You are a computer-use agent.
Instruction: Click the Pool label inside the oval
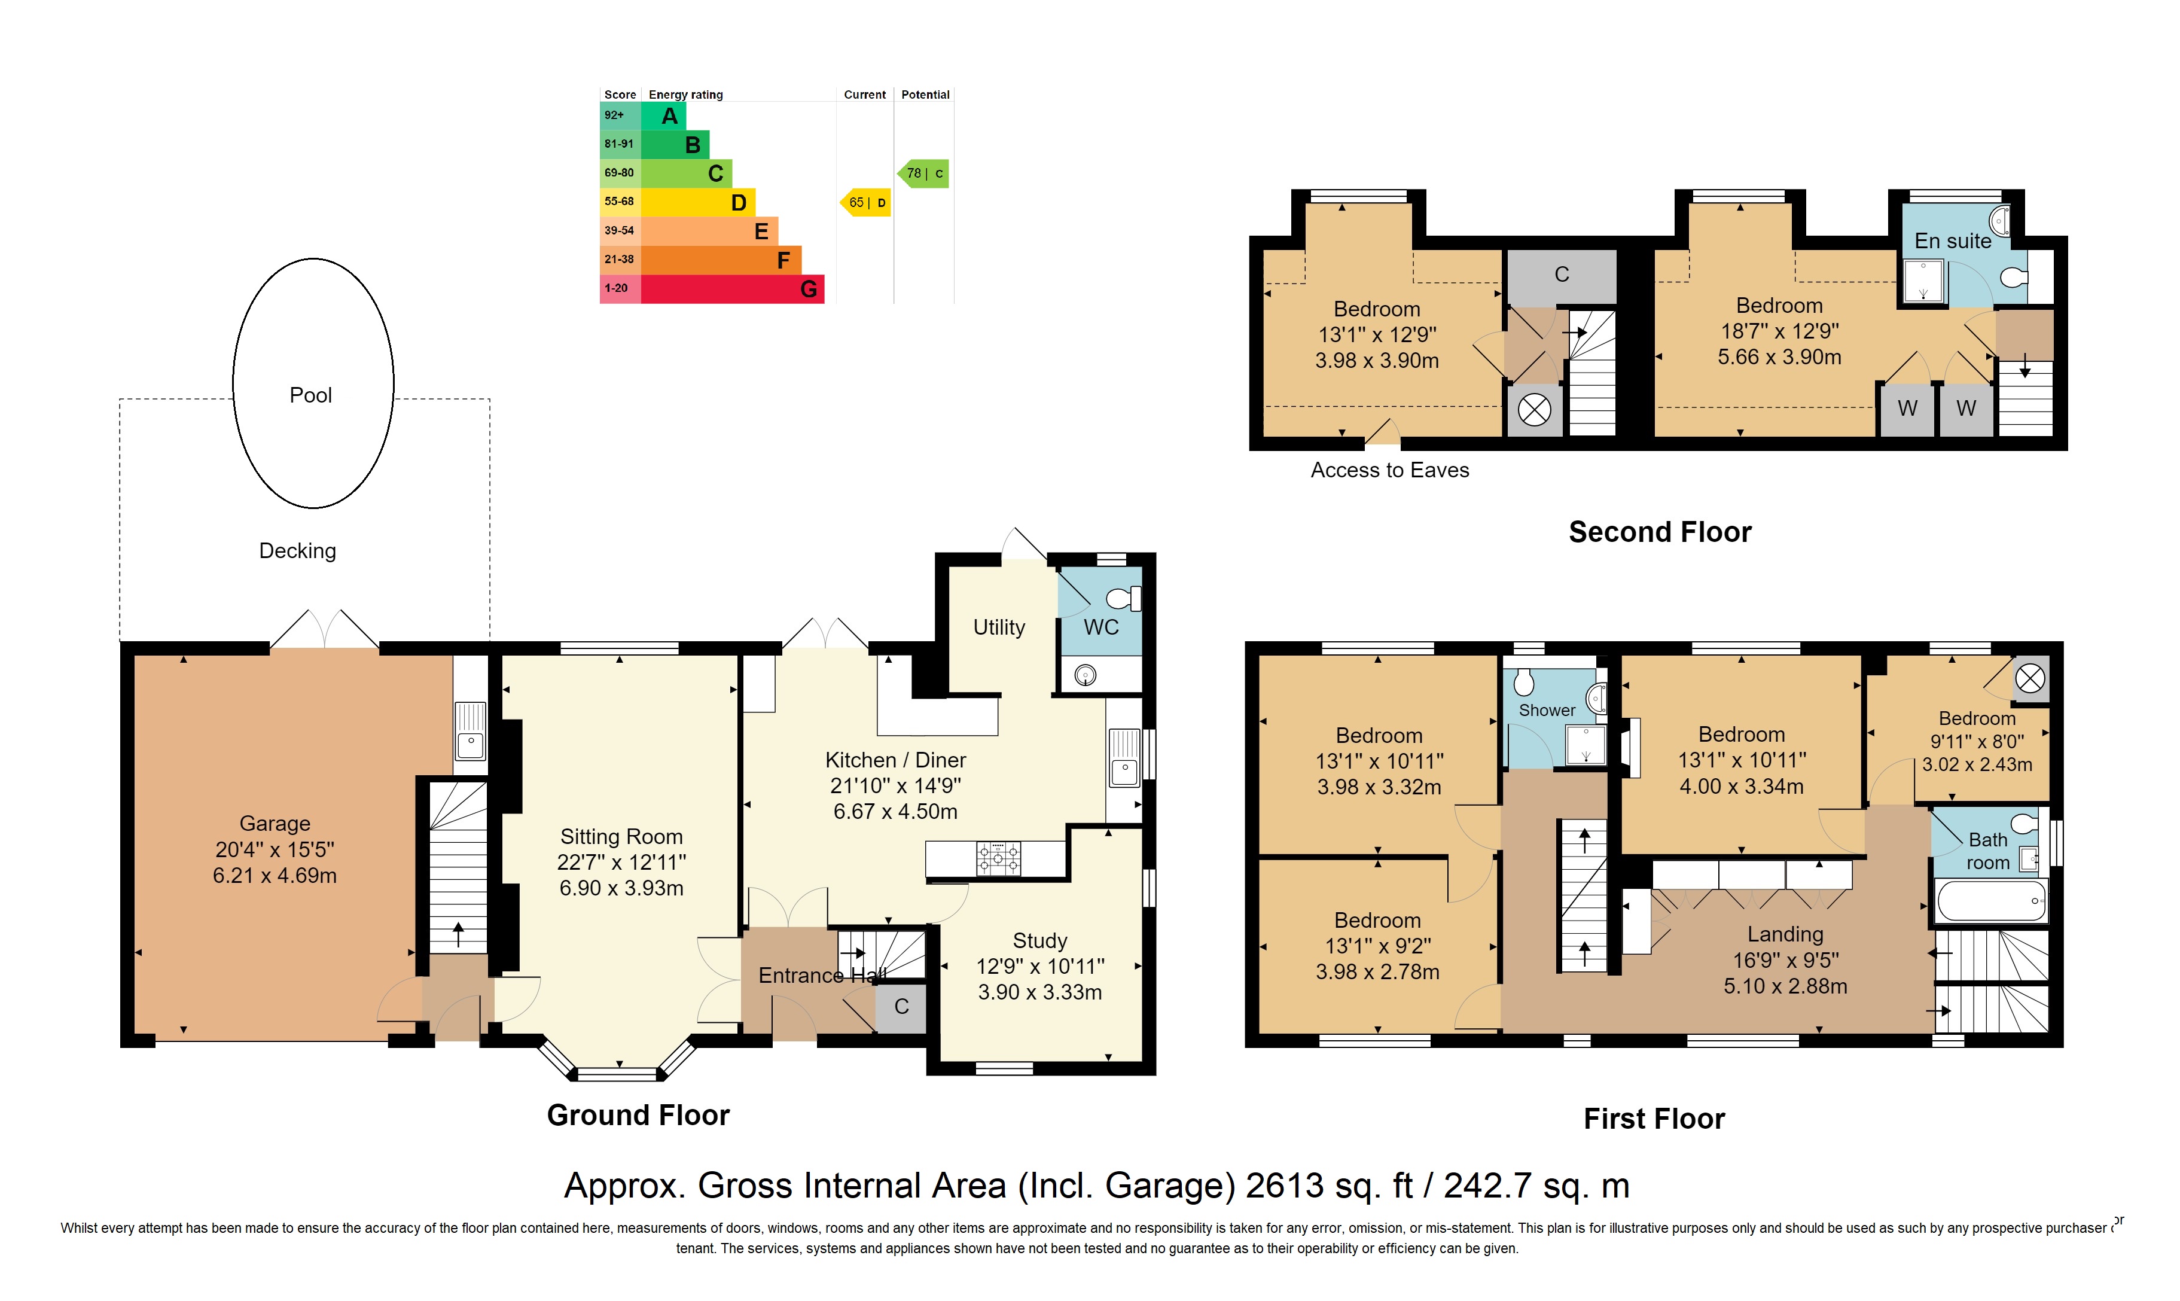click(x=310, y=395)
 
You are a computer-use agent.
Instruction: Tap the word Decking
click(x=297, y=550)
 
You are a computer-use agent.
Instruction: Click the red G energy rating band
click(x=732, y=288)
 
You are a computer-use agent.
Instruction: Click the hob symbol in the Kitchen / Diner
click(x=998, y=858)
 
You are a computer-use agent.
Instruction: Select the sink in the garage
click(x=470, y=730)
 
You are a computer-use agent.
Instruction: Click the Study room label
click(x=1039, y=941)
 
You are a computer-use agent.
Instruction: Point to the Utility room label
click(x=998, y=627)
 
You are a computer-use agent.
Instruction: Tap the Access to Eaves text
click(x=1389, y=470)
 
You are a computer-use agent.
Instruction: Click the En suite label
click(x=1952, y=241)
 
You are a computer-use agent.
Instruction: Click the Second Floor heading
click(x=1659, y=532)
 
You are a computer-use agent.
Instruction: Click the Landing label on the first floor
click(x=1785, y=934)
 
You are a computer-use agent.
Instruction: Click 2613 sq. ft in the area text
click(x=1329, y=1186)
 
